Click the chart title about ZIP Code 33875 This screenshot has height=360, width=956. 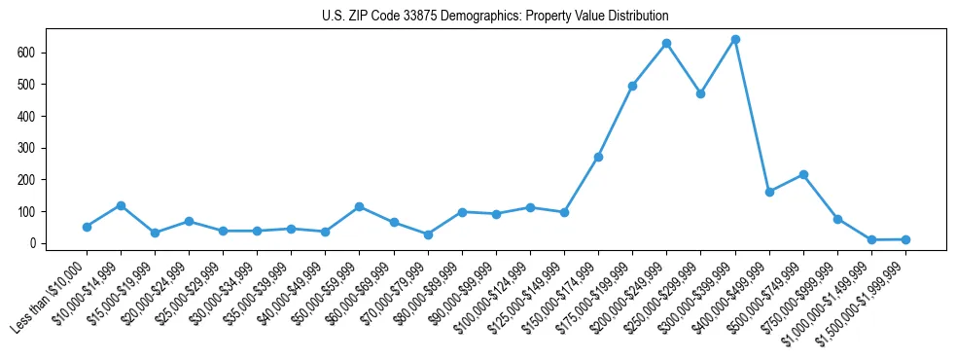495,17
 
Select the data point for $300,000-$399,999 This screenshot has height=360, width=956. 735,40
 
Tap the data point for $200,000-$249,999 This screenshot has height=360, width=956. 666,44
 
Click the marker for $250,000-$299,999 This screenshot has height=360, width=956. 700,94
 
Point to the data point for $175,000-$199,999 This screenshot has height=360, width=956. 632,87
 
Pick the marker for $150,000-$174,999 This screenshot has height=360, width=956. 598,157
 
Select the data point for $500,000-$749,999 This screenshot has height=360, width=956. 803,175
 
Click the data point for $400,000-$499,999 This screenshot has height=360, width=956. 769,192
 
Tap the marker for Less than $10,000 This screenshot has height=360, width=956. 87,227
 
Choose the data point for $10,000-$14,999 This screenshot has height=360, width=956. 121,205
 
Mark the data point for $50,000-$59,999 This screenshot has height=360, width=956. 360,207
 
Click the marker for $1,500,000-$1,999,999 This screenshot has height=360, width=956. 905,239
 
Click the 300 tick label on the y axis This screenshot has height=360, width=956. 27,148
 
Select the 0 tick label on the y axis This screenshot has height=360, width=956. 32,243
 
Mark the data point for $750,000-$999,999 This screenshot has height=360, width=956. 837,220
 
